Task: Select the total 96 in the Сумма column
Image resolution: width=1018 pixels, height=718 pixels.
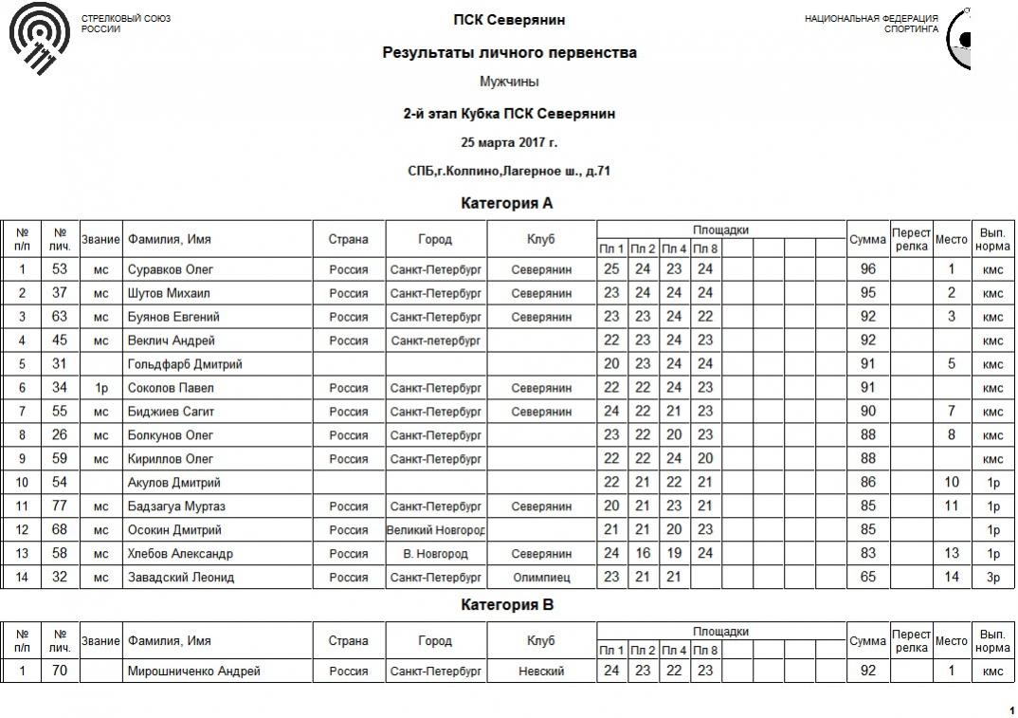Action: (x=867, y=269)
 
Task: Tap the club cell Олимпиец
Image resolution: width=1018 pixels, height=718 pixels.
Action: (x=541, y=578)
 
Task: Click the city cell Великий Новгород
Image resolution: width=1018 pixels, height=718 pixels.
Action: (x=436, y=530)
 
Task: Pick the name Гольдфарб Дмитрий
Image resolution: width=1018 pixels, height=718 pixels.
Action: (x=185, y=364)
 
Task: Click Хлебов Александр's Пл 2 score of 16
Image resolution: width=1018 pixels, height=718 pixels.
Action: (x=643, y=554)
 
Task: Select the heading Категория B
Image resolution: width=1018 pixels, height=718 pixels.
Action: (x=507, y=605)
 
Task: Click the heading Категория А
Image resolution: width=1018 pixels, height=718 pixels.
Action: (x=507, y=204)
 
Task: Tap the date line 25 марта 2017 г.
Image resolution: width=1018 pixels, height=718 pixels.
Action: (x=509, y=143)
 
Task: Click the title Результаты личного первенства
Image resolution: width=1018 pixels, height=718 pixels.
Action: (x=509, y=53)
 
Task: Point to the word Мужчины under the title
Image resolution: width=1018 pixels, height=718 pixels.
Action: (x=509, y=83)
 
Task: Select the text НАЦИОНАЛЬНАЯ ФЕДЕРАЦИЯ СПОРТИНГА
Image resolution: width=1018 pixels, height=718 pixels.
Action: (x=871, y=24)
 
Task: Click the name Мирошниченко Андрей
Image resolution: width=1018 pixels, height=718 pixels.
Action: (x=193, y=672)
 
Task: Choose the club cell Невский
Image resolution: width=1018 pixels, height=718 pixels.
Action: (x=541, y=672)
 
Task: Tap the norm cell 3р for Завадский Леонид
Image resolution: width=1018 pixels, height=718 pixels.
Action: (x=992, y=578)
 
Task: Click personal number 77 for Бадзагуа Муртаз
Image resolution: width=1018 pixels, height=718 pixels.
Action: (x=60, y=506)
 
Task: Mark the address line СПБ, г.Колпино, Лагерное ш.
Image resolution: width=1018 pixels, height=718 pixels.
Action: (x=509, y=172)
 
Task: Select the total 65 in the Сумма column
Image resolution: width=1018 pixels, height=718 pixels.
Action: (x=867, y=578)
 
